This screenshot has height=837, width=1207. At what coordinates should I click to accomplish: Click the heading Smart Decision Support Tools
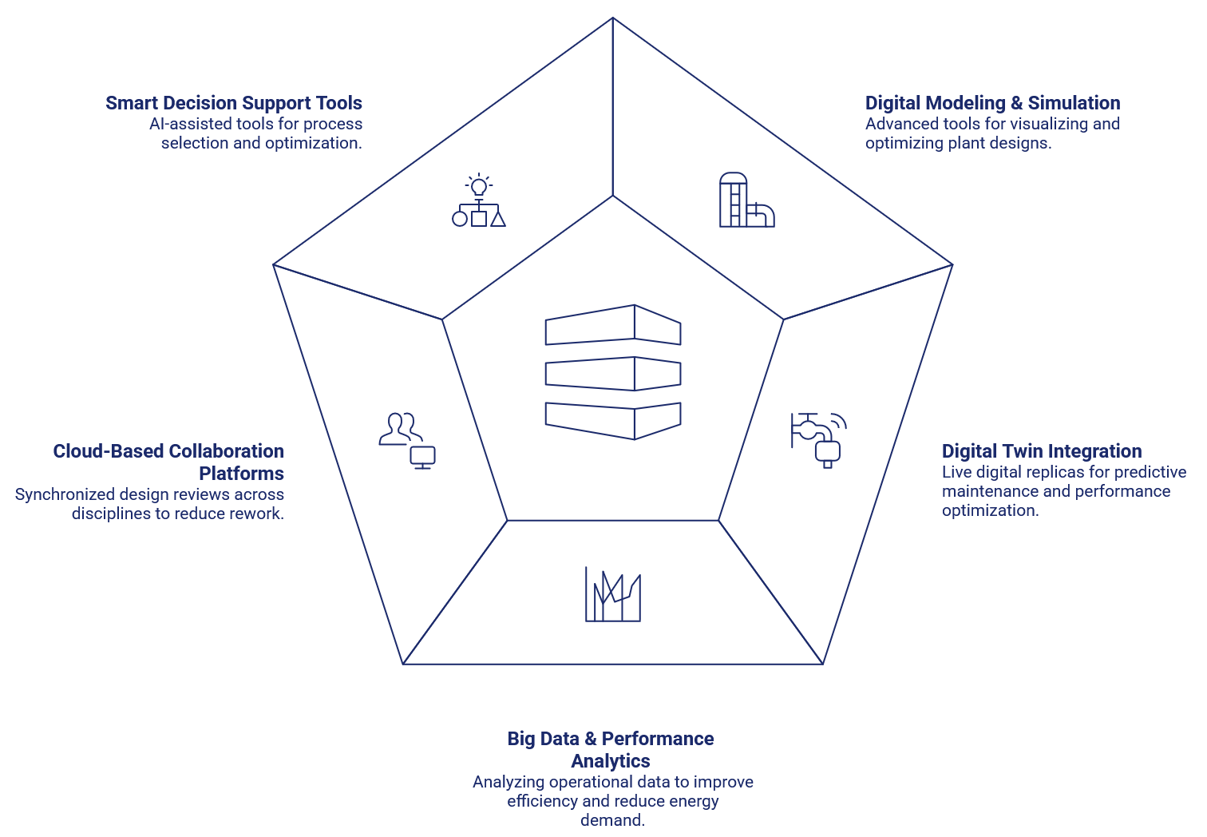pyautogui.click(x=234, y=103)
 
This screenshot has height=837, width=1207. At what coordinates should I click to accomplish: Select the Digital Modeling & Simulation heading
pyautogui.click(x=992, y=103)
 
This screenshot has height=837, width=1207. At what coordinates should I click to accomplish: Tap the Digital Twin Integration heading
pyautogui.click(x=1042, y=451)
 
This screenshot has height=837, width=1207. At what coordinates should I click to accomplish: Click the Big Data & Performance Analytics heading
pyautogui.click(x=611, y=749)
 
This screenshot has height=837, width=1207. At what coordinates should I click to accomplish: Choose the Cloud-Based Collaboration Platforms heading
pyautogui.click(x=168, y=462)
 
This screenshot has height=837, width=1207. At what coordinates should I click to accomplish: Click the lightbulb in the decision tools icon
pyautogui.click(x=479, y=187)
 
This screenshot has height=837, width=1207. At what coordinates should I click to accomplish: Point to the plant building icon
pyautogui.click(x=746, y=200)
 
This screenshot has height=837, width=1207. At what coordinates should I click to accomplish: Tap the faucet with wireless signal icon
pyautogui.click(x=819, y=438)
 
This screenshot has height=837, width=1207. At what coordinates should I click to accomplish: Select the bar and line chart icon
pyautogui.click(x=613, y=595)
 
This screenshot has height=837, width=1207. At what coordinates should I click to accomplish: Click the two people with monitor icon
pyautogui.click(x=406, y=440)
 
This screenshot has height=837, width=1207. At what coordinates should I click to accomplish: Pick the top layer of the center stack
pyautogui.click(x=613, y=325)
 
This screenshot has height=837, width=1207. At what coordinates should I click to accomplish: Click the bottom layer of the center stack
pyautogui.click(x=613, y=420)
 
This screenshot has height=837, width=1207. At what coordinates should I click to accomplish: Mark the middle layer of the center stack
pyautogui.click(x=613, y=373)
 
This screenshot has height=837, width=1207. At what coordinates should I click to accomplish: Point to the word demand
pyautogui.click(x=612, y=820)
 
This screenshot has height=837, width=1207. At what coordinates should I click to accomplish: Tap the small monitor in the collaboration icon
pyautogui.click(x=422, y=457)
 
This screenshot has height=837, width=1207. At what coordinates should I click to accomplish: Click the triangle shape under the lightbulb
pyautogui.click(x=497, y=218)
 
